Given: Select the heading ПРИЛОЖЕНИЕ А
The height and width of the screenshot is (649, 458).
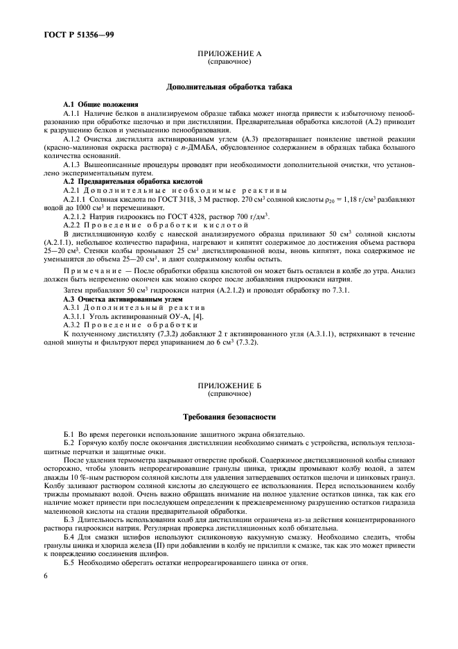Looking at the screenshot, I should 229,53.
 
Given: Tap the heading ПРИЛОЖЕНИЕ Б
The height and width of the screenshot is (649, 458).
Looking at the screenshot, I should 229,386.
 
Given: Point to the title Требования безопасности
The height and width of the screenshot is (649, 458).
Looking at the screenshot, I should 229,417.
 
